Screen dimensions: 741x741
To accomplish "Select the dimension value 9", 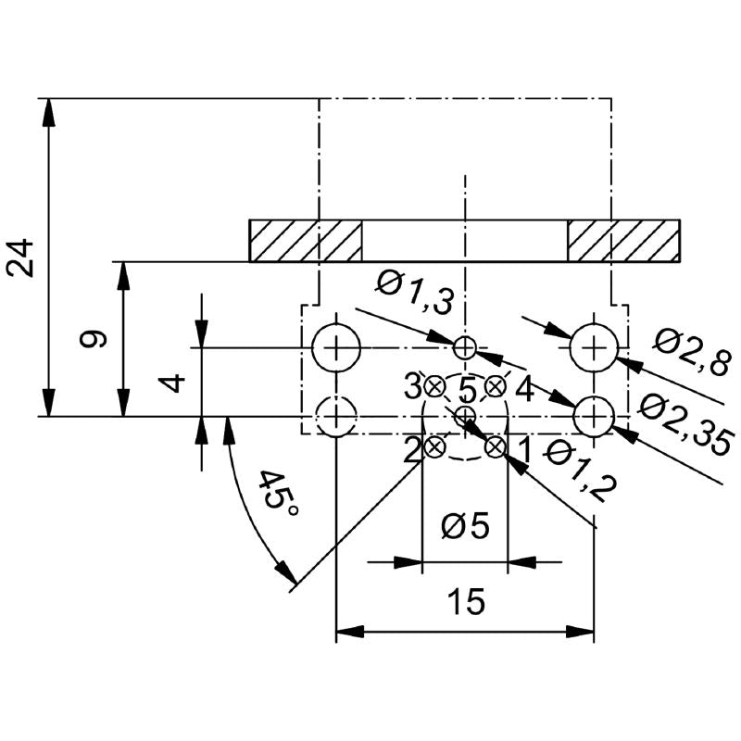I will coord(94,339).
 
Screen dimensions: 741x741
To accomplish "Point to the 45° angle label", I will coord(273,500).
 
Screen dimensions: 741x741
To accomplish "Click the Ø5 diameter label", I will coord(465,526).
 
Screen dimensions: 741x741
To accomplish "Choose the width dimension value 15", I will coord(465,602).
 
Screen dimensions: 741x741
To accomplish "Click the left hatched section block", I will coord(306,241).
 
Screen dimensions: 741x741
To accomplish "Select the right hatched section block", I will coord(623,241).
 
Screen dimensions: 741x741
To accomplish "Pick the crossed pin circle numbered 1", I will coord(496,447).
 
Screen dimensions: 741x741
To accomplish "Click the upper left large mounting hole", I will coord(335,348).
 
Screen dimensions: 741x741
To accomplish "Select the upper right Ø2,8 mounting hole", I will coord(593,347).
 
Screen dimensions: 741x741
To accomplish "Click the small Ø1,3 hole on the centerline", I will coord(465,347).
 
